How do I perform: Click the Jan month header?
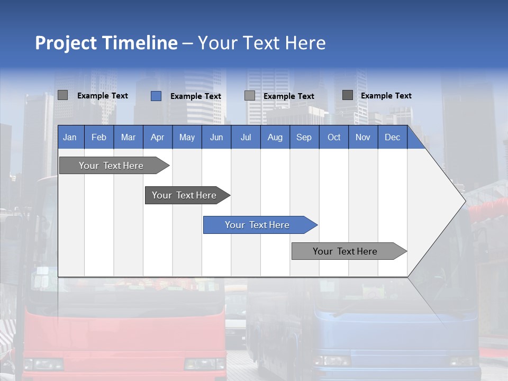70,137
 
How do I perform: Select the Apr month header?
158,137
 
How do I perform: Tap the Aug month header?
275,137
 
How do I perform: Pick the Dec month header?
392,137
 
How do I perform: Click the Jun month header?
216,137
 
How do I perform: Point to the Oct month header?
334,137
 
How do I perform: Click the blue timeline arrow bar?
259,225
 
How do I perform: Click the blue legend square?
156,96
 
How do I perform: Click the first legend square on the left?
62,95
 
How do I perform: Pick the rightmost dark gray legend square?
348,95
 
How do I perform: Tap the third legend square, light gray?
250,96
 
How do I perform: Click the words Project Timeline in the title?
106,43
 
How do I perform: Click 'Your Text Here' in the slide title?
261,43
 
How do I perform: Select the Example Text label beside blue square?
196,96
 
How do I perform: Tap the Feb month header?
99,137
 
